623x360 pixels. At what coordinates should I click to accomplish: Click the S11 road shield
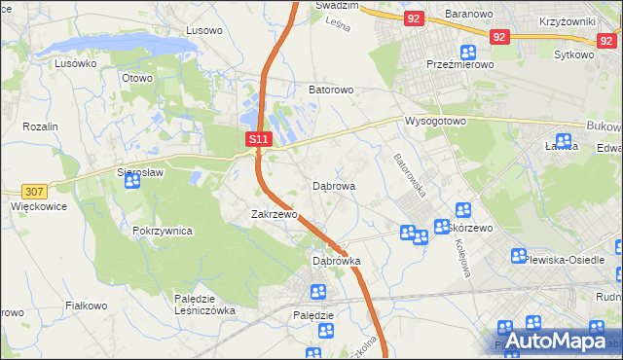(x=257, y=140)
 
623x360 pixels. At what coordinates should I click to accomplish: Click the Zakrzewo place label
(x=273, y=214)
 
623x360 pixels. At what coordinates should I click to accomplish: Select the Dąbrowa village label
(x=334, y=185)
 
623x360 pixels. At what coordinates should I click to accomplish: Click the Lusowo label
(x=204, y=30)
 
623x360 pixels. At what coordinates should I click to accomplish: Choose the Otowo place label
(x=137, y=78)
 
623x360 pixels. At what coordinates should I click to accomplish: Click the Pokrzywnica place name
(x=163, y=232)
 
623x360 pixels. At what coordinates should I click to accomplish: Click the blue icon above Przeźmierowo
(x=468, y=52)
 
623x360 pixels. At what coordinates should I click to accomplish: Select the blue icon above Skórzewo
(x=463, y=210)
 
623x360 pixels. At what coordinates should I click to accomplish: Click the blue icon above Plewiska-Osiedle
(x=520, y=257)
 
